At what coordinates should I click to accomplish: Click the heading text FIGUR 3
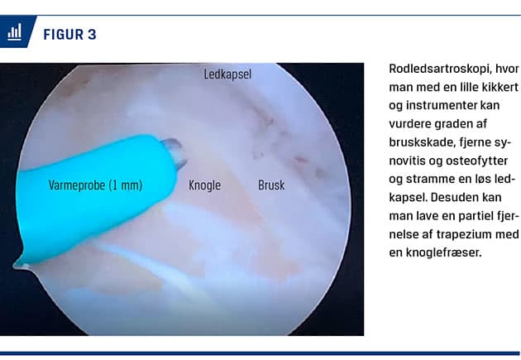click(69, 35)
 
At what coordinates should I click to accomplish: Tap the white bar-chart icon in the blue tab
click(15, 32)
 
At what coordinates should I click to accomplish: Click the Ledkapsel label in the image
click(227, 74)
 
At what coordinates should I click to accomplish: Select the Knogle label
click(205, 185)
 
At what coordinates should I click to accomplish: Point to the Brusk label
click(271, 185)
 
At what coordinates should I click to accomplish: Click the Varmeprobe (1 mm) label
click(95, 185)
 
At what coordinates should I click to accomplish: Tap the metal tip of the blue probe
click(174, 152)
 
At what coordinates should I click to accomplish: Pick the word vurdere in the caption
click(409, 124)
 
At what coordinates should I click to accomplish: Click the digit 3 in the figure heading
click(92, 35)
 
